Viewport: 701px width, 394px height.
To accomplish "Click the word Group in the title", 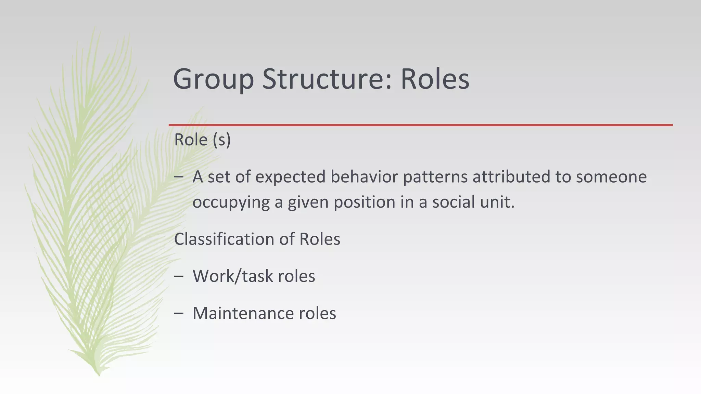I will pos(213,79).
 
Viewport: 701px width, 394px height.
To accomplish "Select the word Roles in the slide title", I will pos(435,79).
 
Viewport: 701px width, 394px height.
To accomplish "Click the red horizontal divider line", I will pos(420,125).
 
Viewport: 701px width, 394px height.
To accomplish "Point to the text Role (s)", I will pos(202,140).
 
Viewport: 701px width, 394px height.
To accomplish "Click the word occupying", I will pos(231,202).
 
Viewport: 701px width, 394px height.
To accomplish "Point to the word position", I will pos(364,202).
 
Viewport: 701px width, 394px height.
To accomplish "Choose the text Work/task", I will pos(232,276).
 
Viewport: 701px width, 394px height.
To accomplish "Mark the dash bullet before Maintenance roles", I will pos(178,313).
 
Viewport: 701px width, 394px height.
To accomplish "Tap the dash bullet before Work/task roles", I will pos(178,276).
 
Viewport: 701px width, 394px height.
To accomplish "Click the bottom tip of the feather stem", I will pos(99,375).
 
